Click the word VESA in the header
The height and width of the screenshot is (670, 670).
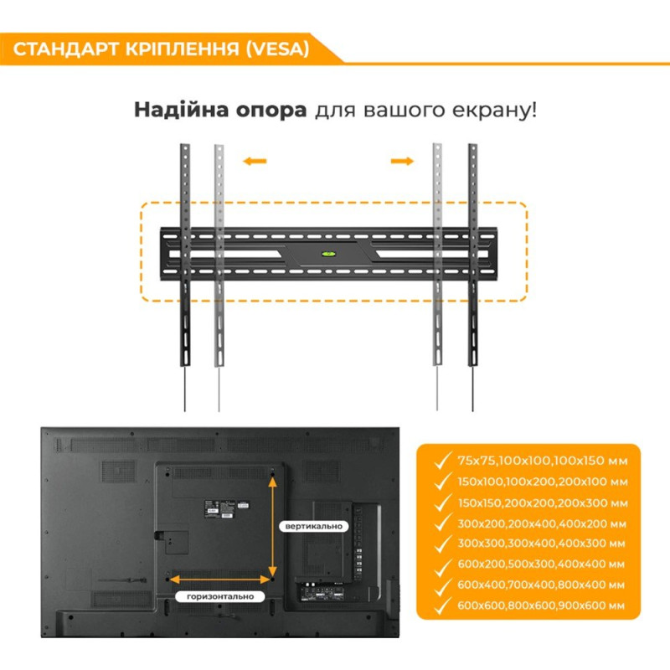(x=276, y=48)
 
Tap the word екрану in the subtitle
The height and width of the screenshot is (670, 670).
(x=488, y=111)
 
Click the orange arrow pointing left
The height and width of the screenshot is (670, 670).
(x=255, y=161)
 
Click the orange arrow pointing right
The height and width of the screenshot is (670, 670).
(x=403, y=161)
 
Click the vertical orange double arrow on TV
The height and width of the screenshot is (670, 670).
(x=273, y=526)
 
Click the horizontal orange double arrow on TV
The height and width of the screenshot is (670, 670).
(x=221, y=578)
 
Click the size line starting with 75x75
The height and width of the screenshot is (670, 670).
(x=542, y=461)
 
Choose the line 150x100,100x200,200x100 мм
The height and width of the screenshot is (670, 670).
(x=542, y=482)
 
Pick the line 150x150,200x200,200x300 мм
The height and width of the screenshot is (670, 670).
(x=542, y=502)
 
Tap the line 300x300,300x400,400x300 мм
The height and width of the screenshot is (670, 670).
(x=542, y=544)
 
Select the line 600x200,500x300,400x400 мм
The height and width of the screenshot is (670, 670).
(x=542, y=564)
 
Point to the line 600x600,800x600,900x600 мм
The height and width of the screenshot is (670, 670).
(x=542, y=605)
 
